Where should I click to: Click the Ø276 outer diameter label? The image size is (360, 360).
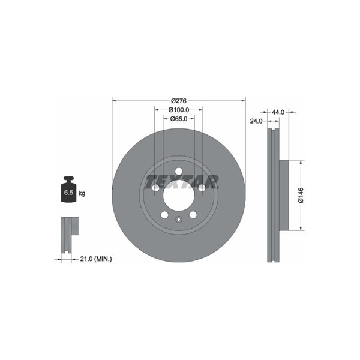click(179, 101)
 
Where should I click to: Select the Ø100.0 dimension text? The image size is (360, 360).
click(179, 110)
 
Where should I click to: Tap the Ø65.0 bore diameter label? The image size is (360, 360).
click(179, 119)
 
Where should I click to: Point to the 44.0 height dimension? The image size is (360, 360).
click(278, 112)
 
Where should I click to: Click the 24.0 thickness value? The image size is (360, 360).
click(256, 121)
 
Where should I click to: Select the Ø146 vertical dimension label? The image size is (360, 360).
click(301, 195)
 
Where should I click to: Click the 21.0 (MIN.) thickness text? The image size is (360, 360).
click(96, 259)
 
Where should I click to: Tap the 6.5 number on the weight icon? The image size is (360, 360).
click(68, 193)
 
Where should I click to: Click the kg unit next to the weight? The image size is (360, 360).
click(82, 193)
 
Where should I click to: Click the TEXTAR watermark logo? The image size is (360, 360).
click(182, 182)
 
